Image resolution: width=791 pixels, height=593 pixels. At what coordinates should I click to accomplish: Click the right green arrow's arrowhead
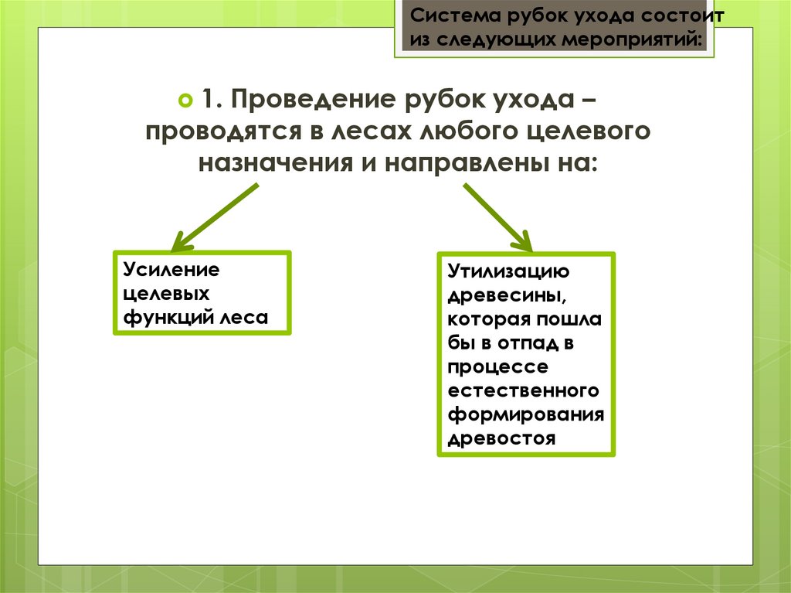pyautogui.click(x=522, y=242)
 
